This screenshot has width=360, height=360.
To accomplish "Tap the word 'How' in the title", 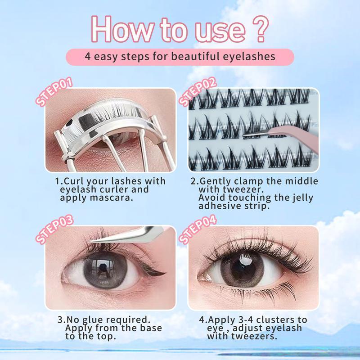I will (x=117, y=29).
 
